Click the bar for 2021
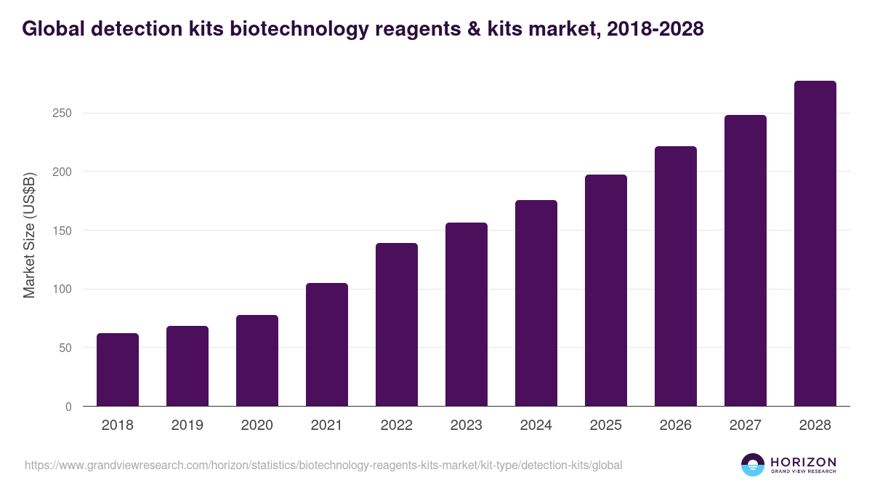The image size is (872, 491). pos(327,345)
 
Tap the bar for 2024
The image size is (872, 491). pos(536,303)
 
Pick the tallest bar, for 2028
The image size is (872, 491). pos(815,244)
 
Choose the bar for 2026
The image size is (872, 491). pos(676,276)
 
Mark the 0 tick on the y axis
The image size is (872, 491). pos(68,407)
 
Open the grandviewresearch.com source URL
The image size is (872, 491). pos(323,465)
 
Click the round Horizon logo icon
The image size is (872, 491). pos(753,465)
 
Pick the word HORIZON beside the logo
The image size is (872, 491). pos(803,462)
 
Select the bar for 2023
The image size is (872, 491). pos(467,314)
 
